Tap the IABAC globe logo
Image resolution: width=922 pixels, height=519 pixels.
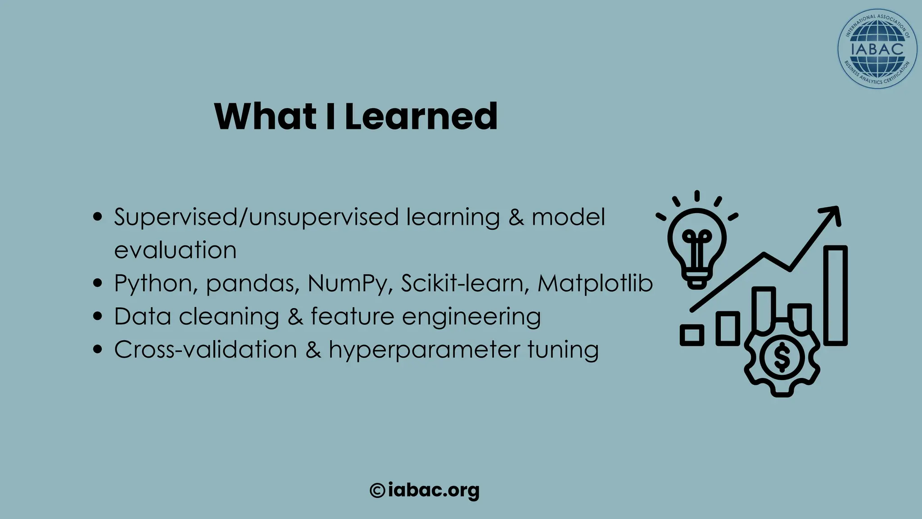(x=877, y=49)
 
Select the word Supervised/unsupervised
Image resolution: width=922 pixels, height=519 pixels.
(x=256, y=217)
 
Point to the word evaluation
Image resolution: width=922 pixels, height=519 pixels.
(x=175, y=250)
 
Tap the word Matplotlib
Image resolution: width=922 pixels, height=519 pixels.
(x=595, y=284)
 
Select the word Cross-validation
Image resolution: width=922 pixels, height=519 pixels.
(x=206, y=350)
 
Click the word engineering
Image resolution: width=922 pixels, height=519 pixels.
(x=471, y=317)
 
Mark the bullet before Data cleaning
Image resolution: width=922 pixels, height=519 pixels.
(x=97, y=316)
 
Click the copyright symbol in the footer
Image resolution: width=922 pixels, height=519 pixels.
(x=377, y=490)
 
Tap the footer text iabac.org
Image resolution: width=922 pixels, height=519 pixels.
(x=433, y=490)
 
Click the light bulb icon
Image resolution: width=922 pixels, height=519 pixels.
(x=697, y=246)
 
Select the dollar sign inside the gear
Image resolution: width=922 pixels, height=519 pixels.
(x=782, y=357)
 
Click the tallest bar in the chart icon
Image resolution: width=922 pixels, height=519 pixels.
(x=836, y=296)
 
